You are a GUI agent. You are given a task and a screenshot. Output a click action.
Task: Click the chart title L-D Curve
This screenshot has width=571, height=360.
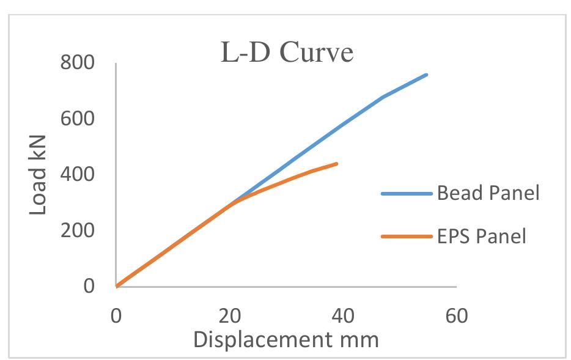[287, 53]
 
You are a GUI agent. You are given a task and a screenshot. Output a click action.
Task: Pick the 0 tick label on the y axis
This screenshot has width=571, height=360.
[89, 286]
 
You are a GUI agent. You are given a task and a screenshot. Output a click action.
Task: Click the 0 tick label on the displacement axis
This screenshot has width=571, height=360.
[116, 316]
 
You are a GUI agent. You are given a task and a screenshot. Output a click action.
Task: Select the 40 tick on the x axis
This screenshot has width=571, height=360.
[343, 316]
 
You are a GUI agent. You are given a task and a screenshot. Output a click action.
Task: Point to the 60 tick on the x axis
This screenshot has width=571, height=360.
[456, 316]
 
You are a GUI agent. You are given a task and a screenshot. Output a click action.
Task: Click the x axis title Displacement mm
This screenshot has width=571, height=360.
[286, 339]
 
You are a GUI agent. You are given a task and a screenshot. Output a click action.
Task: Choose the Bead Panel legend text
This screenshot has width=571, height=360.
[488, 194]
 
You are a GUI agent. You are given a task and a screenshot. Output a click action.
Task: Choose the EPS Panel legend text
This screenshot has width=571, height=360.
[481, 236]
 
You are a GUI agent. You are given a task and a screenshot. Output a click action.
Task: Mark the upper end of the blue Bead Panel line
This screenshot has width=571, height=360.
[426, 75]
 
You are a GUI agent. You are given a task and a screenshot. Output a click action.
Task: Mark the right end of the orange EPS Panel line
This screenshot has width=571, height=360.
[337, 163]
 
